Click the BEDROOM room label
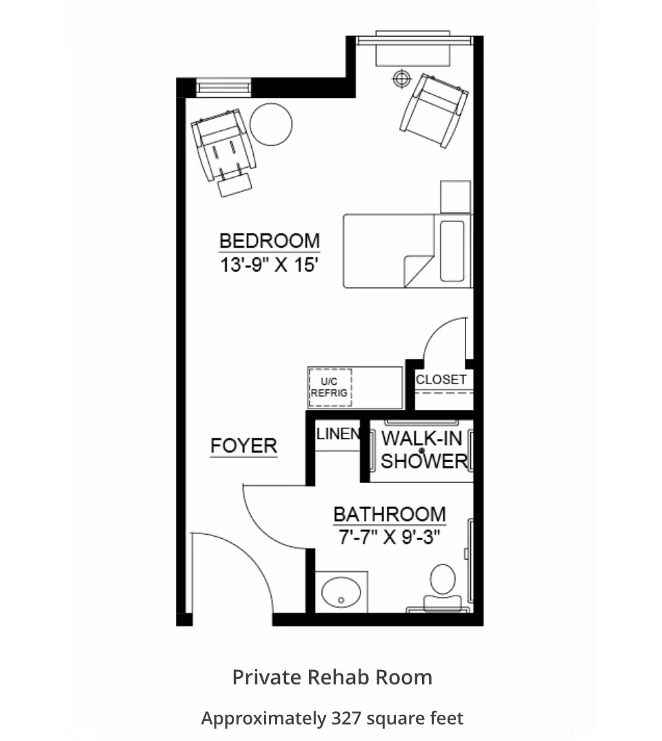[270, 241]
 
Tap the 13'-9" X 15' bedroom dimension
[269, 265]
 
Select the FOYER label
[243, 446]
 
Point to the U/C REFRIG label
[329, 388]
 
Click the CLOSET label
[441, 379]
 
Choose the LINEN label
[338, 433]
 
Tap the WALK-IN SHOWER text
[423, 449]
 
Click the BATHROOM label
[390, 514]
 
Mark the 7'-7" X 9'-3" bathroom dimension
[390, 537]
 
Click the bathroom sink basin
[341, 592]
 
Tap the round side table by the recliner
[271, 124]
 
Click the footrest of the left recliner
[234, 185]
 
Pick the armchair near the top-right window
[434, 110]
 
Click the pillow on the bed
[452, 251]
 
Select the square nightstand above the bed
[456, 197]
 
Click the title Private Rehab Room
[332, 678]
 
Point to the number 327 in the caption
[347, 718]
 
